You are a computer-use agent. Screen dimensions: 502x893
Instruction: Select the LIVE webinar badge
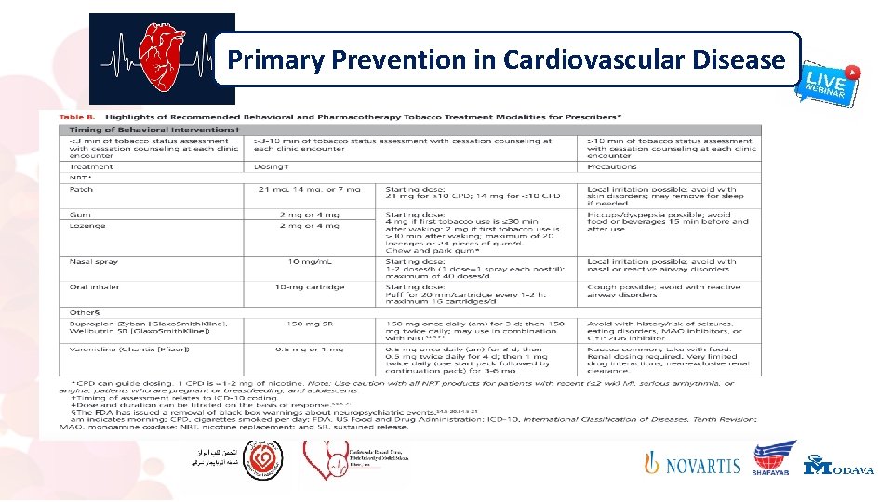pyautogui.click(x=827, y=83)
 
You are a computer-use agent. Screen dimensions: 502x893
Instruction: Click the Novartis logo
pyautogui.click(x=693, y=464)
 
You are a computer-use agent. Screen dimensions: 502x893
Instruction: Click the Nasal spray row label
pyautogui.click(x=93, y=262)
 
